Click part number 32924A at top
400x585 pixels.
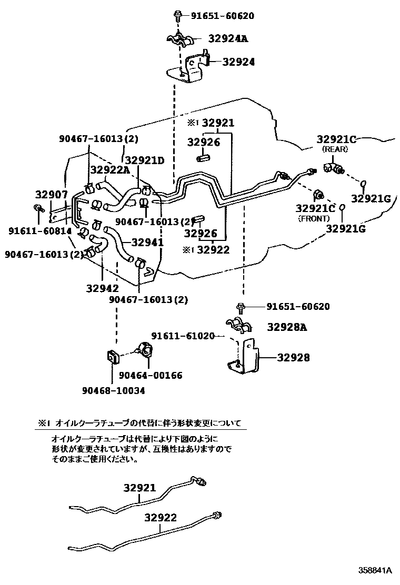click(x=227, y=38)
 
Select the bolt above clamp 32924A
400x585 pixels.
click(x=178, y=16)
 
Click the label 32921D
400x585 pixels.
click(x=145, y=160)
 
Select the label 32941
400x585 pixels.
click(x=147, y=243)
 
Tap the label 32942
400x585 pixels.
click(x=103, y=288)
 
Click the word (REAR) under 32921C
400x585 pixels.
click(x=336, y=149)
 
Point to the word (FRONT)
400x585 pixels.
click(x=314, y=218)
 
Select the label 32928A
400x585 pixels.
click(x=287, y=327)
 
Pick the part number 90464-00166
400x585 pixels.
click(x=151, y=375)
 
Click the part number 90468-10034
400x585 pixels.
click(x=113, y=391)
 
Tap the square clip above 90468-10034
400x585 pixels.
click(x=112, y=357)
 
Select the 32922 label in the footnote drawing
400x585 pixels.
click(x=161, y=518)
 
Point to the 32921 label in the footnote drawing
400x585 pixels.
click(x=139, y=488)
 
